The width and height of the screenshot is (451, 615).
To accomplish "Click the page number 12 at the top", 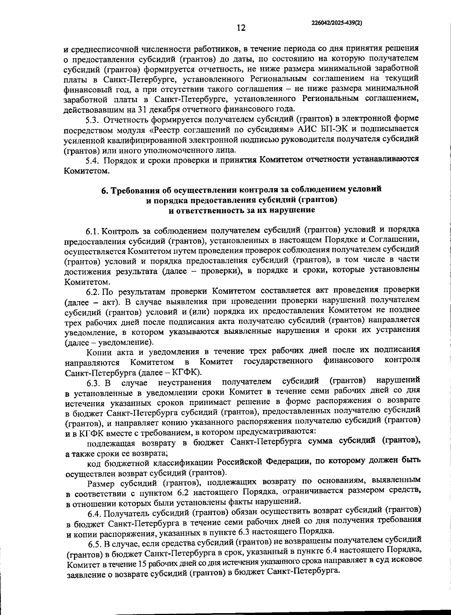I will click(x=241, y=28).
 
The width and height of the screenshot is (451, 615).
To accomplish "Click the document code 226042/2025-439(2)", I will click(x=337, y=23).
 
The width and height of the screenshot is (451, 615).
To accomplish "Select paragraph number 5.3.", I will click(x=92, y=120).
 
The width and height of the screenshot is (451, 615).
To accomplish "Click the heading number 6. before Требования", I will click(x=105, y=190).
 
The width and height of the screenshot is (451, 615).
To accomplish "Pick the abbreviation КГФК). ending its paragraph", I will click(x=187, y=372).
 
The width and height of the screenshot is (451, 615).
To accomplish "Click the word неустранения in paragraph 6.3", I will click(x=185, y=382).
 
